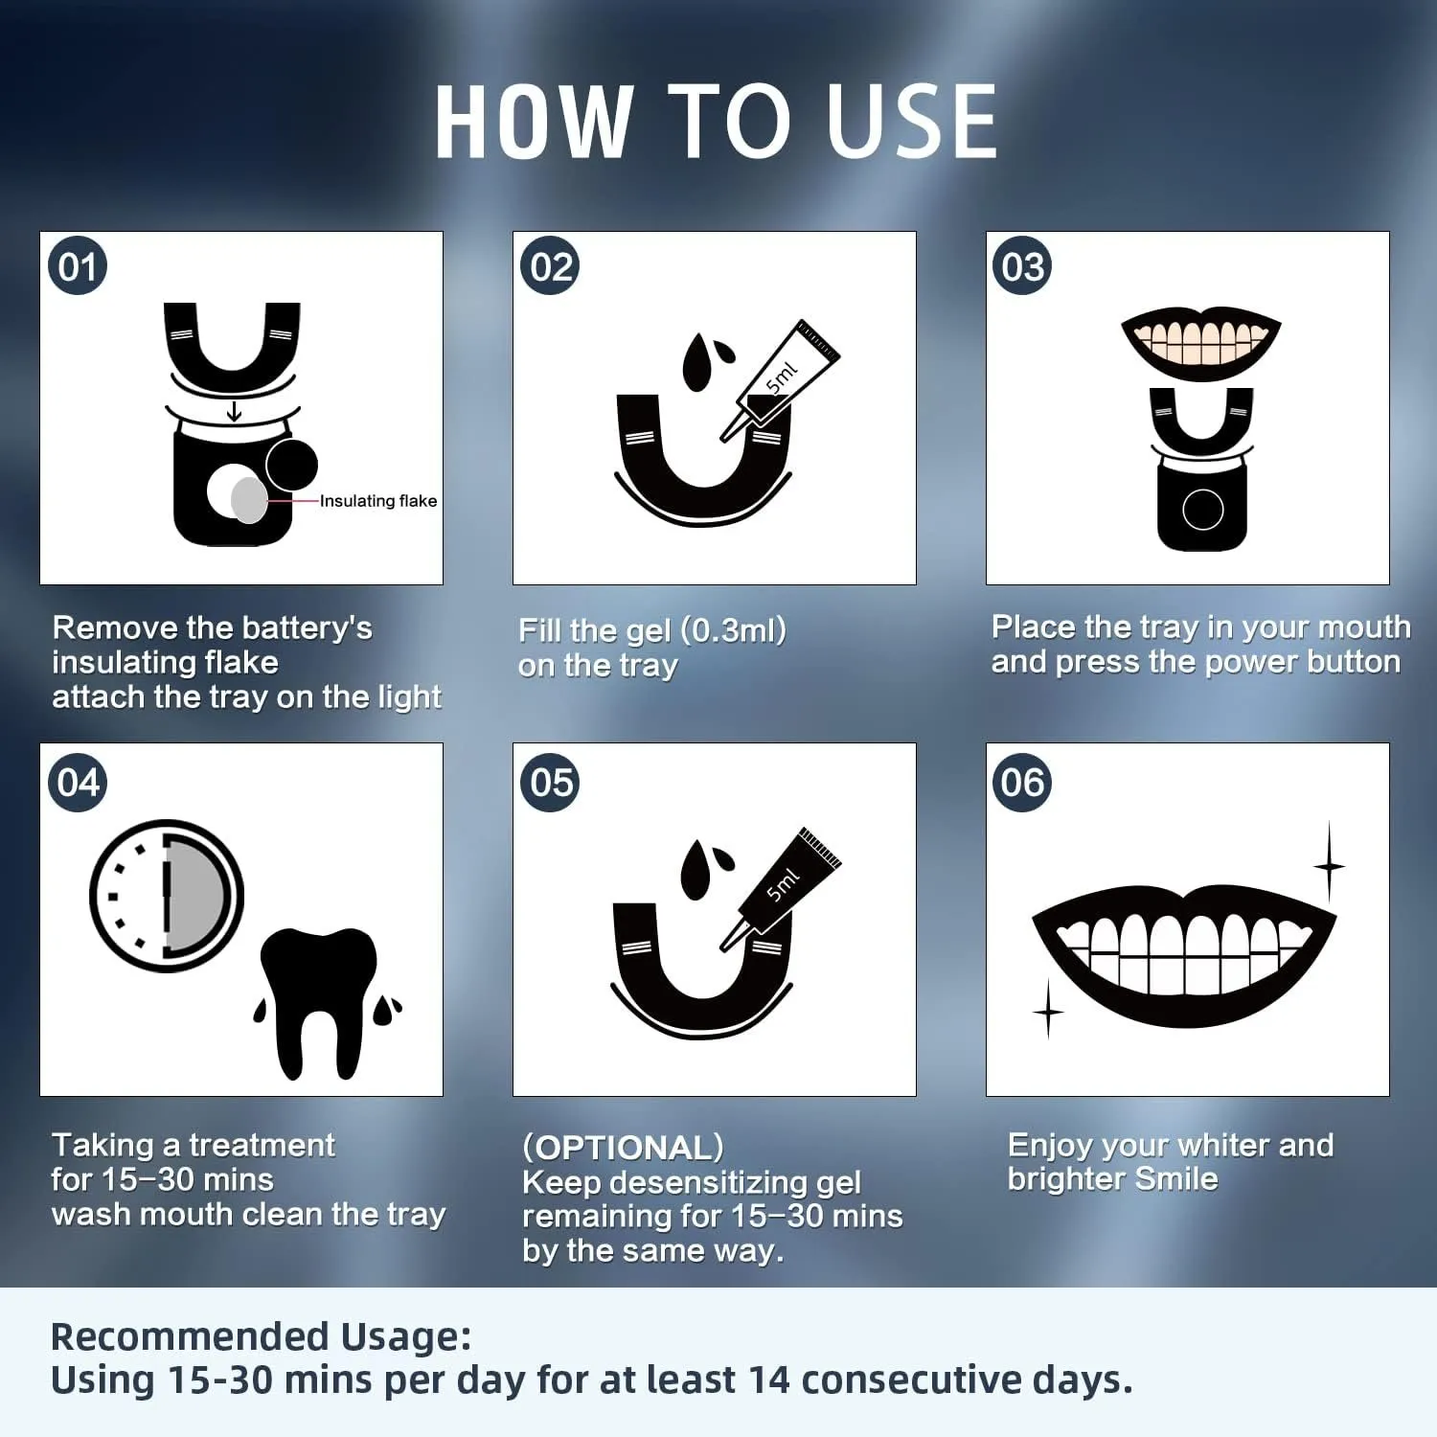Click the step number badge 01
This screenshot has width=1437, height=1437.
pos(78,265)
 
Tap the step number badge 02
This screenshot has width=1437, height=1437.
pos(550,265)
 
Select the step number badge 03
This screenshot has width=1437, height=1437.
pos(1022,265)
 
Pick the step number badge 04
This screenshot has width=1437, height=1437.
pos(78,782)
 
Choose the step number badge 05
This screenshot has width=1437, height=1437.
pos(550,782)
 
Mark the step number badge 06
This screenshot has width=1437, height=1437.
pos(1022,782)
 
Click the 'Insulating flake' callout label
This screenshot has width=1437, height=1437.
pos(378,501)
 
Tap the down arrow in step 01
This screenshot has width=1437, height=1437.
pos(234,412)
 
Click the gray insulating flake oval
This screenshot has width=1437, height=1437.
pos(249,499)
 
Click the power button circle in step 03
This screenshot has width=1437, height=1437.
pos(1203,510)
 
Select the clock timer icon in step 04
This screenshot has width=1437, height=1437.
pos(167,896)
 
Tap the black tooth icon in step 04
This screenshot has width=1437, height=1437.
pos(319,1001)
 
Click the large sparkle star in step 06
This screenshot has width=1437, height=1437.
pos(1329,865)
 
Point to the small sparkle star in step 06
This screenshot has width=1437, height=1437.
pos(1048,1010)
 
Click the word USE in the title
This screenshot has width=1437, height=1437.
pos(912,121)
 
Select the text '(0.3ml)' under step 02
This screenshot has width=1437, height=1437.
pos(733,630)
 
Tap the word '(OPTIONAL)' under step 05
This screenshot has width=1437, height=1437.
pos(623,1147)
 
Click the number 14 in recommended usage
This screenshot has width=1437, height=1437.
pos(770,1380)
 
